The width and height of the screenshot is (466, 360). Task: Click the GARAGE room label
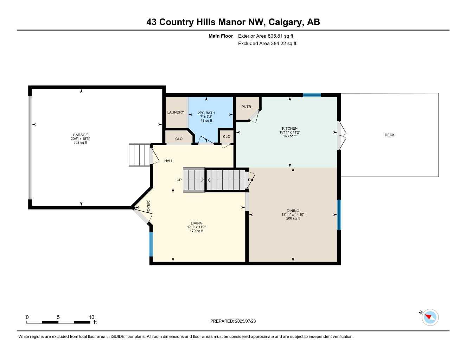click(x=80, y=135)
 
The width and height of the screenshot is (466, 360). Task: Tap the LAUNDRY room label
click(x=175, y=112)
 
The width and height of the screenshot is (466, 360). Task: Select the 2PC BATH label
click(x=206, y=113)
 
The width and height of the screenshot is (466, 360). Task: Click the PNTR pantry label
click(x=246, y=107)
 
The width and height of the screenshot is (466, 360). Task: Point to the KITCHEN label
click(x=290, y=128)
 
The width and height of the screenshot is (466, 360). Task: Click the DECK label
click(x=390, y=135)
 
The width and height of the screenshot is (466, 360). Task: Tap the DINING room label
click(x=293, y=211)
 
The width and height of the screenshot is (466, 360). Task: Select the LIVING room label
click(x=197, y=223)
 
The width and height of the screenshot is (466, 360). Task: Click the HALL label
click(x=168, y=161)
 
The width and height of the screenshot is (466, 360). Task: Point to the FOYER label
click(x=148, y=207)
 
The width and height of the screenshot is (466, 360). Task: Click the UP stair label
click(x=179, y=180)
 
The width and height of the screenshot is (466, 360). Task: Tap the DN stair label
click(x=250, y=180)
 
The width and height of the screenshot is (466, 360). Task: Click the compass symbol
click(x=430, y=317)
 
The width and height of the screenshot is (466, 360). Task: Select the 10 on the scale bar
click(x=91, y=317)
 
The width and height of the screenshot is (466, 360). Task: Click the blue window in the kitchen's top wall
click(x=312, y=95)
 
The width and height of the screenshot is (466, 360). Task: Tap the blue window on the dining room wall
click(x=339, y=215)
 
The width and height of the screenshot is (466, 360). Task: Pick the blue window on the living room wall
click(x=151, y=244)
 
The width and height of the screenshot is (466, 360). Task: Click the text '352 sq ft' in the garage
click(x=80, y=142)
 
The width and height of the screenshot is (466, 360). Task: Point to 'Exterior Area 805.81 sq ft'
click(x=266, y=36)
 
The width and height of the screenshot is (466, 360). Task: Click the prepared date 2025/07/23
click(x=245, y=321)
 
